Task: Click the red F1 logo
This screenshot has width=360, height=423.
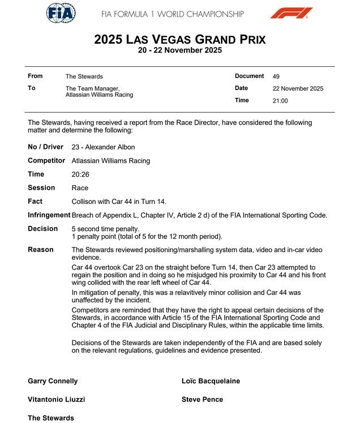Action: point(290,13)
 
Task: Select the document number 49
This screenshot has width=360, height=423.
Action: point(276,76)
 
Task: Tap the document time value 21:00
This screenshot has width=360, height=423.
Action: point(280,101)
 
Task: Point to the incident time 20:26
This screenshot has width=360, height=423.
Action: point(80,174)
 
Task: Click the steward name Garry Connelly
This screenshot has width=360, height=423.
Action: point(53,381)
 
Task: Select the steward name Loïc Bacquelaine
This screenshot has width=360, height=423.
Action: point(211,381)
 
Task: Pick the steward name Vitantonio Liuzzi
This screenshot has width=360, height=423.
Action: point(56,399)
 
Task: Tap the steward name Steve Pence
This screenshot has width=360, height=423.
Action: point(202,399)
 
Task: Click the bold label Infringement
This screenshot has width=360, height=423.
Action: point(49,215)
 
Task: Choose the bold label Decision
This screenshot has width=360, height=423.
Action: point(42,229)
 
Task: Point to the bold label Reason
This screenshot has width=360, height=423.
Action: point(41,250)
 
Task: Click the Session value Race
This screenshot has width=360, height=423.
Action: point(80,188)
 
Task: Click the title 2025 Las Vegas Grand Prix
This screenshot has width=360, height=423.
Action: point(179,39)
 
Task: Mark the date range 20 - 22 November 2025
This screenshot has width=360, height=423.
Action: point(179,50)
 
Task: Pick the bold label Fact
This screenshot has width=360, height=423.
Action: point(35,202)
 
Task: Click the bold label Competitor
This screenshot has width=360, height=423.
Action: point(47,161)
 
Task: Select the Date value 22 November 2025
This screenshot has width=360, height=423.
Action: point(298,88)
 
